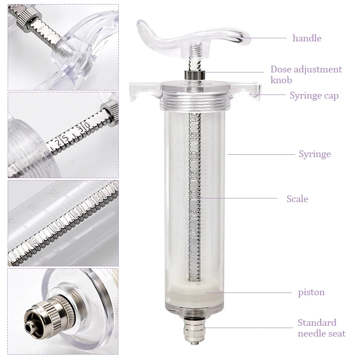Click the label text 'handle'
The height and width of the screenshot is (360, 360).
tap(307, 38)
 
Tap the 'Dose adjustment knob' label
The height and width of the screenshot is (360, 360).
tap(306, 75)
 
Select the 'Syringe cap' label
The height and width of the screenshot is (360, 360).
tap(314, 96)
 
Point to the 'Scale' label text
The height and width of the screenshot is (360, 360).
tap(297, 199)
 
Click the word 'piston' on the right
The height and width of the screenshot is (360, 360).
tap(311, 292)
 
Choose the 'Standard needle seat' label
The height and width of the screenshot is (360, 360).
tap(321, 328)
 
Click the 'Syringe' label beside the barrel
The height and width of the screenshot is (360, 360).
tap(315, 154)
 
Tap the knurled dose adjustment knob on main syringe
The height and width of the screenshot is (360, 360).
tap(195, 75)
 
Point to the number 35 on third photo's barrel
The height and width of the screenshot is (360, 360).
tap(53, 193)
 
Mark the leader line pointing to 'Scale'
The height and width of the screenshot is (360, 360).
tap(238, 198)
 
